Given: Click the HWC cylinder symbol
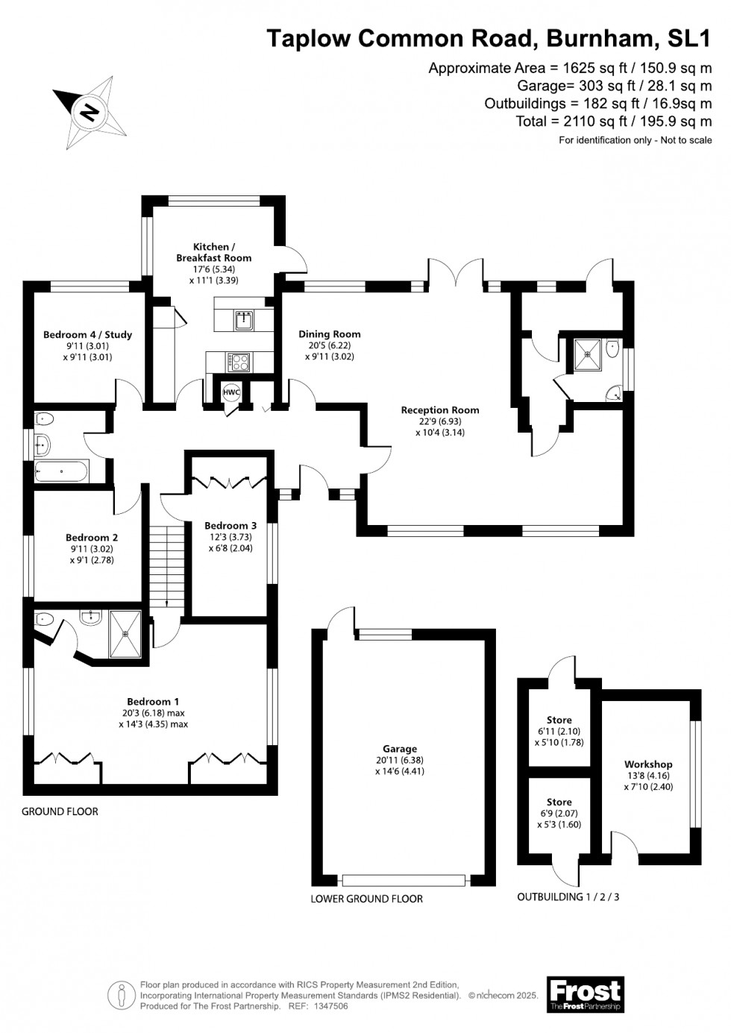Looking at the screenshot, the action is [x=231, y=392].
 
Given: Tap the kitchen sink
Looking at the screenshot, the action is [x=243, y=320].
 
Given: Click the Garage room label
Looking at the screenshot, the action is [x=399, y=749].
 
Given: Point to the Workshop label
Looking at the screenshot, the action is [x=648, y=764].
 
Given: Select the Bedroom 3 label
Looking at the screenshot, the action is [x=230, y=525].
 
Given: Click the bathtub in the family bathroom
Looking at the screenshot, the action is [x=62, y=471].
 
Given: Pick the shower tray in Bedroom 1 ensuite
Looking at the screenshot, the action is [x=125, y=634].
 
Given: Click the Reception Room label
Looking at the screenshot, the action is [x=439, y=409].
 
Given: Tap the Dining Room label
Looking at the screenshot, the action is [x=329, y=334].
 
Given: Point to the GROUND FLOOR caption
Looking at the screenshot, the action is [x=60, y=811].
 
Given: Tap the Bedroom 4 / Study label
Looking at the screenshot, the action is [x=87, y=334].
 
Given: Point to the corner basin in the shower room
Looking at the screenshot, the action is [x=613, y=393].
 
